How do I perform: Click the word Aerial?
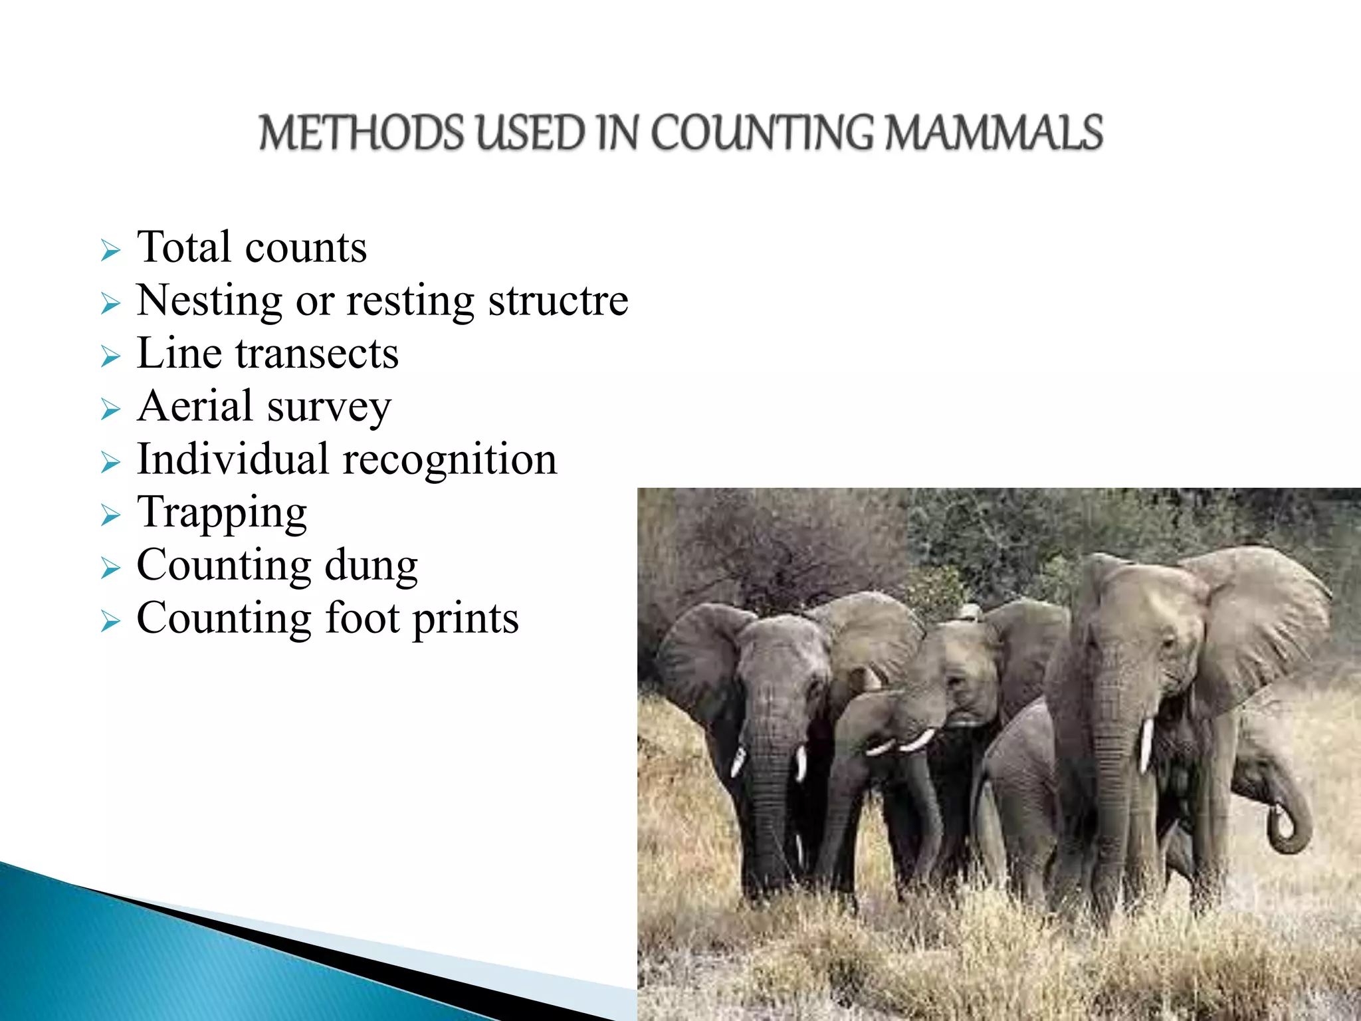(x=195, y=406)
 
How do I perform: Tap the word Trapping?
(x=222, y=514)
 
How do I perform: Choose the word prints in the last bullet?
(x=465, y=620)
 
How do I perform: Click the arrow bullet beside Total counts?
(x=110, y=251)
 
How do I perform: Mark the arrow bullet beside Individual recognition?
(x=110, y=463)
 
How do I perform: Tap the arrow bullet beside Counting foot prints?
(x=110, y=622)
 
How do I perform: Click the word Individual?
(x=233, y=459)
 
